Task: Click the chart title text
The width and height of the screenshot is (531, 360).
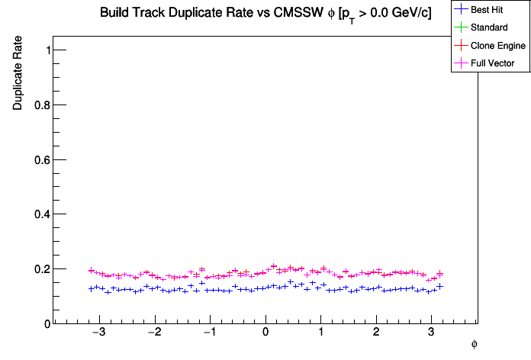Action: [x=266, y=14]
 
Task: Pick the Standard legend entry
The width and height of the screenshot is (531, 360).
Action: [x=489, y=27]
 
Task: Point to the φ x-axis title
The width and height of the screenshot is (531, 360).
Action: [x=474, y=345]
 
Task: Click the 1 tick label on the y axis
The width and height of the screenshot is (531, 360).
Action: [x=47, y=50]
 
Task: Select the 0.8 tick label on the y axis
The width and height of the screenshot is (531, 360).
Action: [x=42, y=104]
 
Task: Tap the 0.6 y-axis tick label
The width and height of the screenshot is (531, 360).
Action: [x=42, y=159]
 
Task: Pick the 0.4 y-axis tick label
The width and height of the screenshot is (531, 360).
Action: [x=42, y=214]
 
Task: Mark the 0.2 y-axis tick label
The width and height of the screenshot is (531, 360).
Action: [x=42, y=269]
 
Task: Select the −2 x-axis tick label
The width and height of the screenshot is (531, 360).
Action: [x=154, y=333]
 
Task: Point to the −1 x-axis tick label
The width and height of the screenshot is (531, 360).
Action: [x=210, y=333]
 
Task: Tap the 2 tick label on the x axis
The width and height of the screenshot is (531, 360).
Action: [x=376, y=333]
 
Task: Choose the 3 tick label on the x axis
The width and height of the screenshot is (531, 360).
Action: [x=432, y=333]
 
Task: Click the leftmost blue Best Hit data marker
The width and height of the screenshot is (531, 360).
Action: [x=91, y=289]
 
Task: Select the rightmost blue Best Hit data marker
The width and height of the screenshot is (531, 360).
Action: [x=439, y=287]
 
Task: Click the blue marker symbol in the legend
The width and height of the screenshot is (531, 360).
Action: [x=460, y=10]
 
